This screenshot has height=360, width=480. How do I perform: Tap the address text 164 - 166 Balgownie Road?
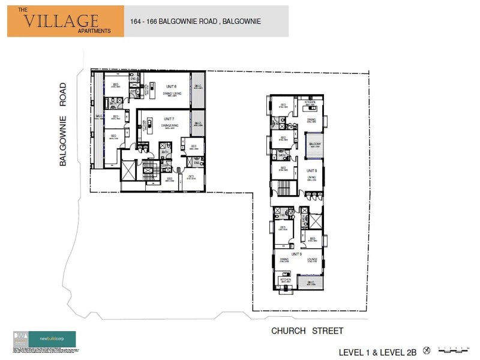pos(195,21)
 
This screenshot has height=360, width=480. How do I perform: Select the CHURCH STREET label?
pos(307,331)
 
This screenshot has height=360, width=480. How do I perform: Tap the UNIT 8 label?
pos(311,171)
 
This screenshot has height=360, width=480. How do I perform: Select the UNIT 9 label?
pos(296,254)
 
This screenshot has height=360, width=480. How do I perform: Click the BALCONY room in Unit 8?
pos(314,145)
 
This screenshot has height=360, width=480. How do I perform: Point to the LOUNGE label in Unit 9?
pos(312,260)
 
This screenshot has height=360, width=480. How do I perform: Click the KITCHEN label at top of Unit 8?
pos(310,103)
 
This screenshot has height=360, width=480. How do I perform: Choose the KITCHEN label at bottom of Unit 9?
pos(284,280)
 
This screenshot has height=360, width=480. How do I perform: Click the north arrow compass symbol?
pos(427,349)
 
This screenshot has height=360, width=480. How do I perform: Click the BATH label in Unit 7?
pos(164,152)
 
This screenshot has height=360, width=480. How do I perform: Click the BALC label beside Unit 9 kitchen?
pos(311,283)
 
